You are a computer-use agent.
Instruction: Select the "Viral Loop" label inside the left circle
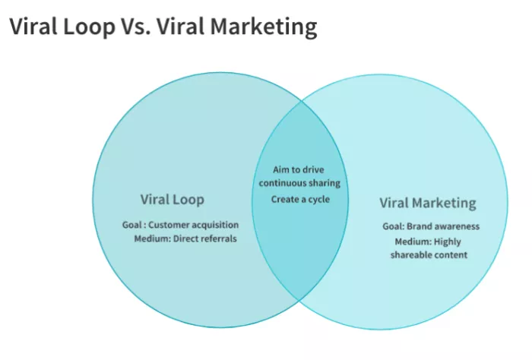[x=173, y=201]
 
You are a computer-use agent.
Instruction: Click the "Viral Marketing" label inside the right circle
[x=428, y=204]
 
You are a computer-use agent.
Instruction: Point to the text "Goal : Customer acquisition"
[x=180, y=225]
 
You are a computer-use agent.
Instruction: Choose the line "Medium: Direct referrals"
[x=185, y=238]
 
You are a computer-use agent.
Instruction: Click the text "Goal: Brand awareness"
[x=431, y=226]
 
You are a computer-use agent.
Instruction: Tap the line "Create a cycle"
[x=300, y=199]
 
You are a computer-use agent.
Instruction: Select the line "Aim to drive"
[x=299, y=169]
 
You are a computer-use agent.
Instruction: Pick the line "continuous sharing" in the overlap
[x=299, y=183]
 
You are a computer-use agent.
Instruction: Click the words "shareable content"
[x=429, y=255]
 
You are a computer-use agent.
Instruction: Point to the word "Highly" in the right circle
[x=446, y=242]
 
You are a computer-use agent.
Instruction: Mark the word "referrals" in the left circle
[x=217, y=238]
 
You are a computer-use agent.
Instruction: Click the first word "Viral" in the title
[x=33, y=27]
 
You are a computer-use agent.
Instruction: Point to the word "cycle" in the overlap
[x=317, y=199]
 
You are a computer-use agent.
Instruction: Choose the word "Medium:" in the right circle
[x=412, y=242]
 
